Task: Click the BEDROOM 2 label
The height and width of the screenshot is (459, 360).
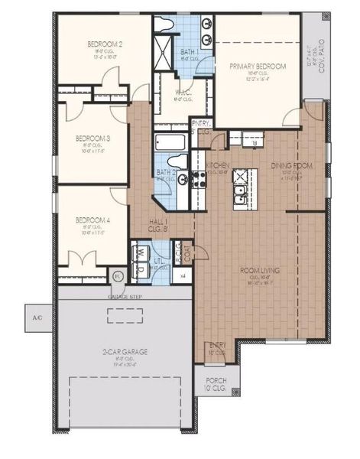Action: pyautogui.click(x=105, y=44)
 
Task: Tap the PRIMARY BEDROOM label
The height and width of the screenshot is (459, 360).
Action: pyautogui.click(x=258, y=67)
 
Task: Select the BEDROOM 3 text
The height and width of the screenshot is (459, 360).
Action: pyautogui.click(x=92, y=138)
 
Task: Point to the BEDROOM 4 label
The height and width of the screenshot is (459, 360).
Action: pyautogui.click(x=92, y=220)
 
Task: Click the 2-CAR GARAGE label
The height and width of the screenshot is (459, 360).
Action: pyautogui.click(x=127, y=351)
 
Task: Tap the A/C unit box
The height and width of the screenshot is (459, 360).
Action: pyautogui.click(x=36, y=316)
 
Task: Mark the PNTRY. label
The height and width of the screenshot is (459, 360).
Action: pyautogui.click(x=201, y=123)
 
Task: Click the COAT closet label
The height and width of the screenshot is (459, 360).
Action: pyautogui.click(x=186, y=253)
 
